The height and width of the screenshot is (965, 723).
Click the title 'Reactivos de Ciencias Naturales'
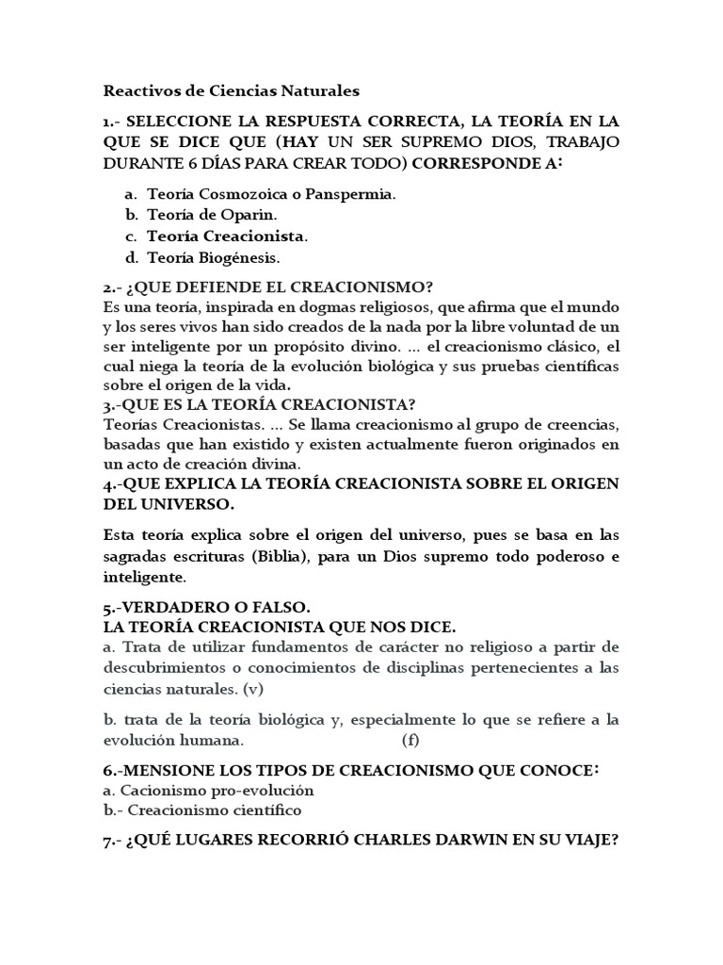pos(231,92)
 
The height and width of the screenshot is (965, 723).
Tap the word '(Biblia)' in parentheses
pos(280,556)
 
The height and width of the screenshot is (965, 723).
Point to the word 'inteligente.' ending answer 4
pos(145,576)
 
